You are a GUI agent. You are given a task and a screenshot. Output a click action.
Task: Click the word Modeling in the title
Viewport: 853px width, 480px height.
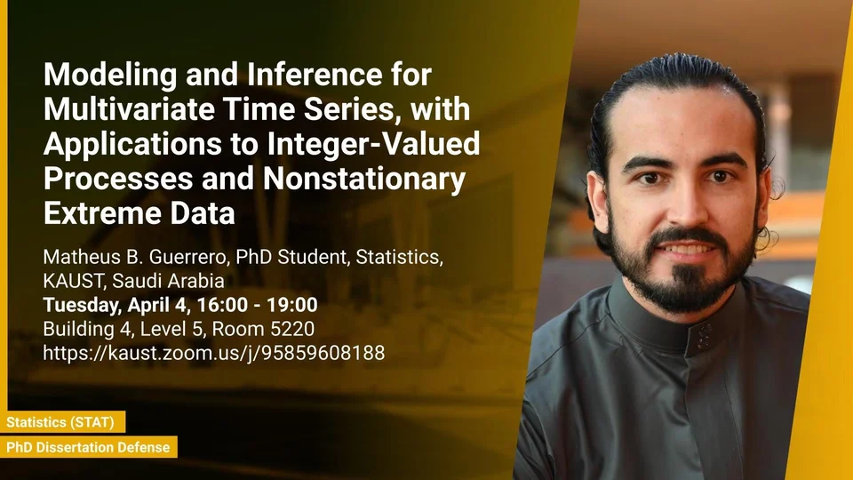click(x=110, y=75)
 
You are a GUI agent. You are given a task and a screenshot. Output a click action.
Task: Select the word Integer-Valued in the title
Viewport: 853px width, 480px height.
click(x=374, y=144)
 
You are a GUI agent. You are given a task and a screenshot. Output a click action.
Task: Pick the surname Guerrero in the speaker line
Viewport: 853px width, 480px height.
click(x=188, y=257)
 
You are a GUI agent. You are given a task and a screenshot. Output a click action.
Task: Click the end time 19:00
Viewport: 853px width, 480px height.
click(x=292, y=305)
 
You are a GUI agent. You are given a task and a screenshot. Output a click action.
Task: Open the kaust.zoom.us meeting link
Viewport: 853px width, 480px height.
click(x=214, y=353)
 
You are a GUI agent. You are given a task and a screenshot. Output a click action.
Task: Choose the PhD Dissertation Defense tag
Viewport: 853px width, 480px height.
click(x=88, y=447)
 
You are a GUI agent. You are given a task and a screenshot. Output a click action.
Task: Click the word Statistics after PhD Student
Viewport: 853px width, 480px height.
click(x=399, y=258)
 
